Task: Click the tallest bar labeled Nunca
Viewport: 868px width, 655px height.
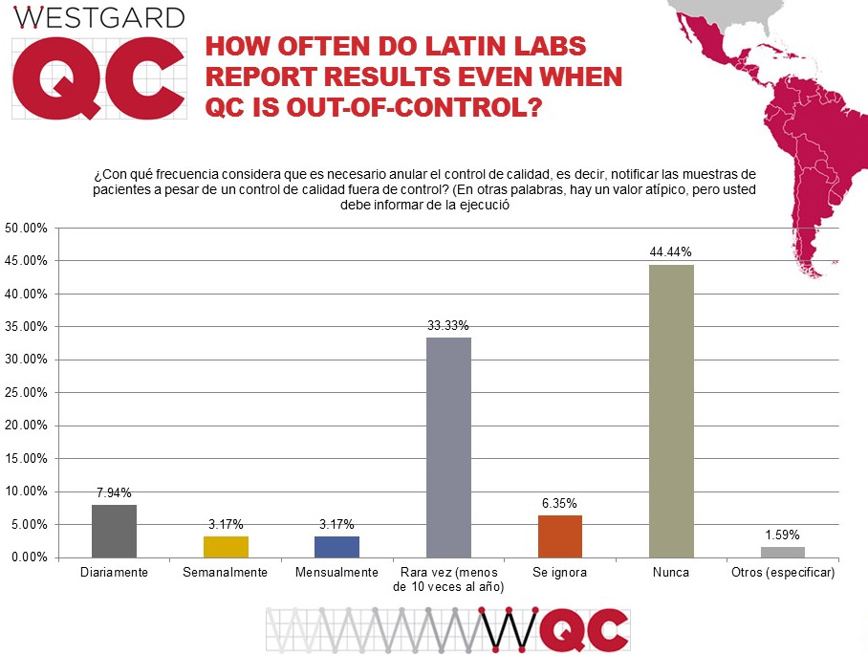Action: [x=671, y=411]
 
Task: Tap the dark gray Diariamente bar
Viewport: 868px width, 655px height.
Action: [x=114, y=531]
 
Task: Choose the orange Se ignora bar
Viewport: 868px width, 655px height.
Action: [x=559, y=536]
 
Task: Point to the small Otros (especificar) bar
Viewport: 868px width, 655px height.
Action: [x=782, y=552]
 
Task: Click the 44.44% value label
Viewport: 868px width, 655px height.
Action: [x=671, y=251]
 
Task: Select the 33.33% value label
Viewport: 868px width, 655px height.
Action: [x=448, y=325]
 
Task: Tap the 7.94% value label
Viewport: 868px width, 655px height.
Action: [x=114, y=492]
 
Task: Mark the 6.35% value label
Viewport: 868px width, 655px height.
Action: [x=559, y=503]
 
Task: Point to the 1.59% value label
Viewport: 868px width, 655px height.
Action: [x=782, y=535]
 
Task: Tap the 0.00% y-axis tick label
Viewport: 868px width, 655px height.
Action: [x=29, y=557]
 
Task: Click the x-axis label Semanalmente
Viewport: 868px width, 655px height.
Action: [x=226, y=573]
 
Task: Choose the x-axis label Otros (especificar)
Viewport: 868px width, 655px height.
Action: [x=782, y=573]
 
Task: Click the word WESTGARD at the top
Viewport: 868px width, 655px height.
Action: [x=99, y=17]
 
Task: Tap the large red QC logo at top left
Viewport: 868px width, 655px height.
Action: [x=98, y=78]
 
